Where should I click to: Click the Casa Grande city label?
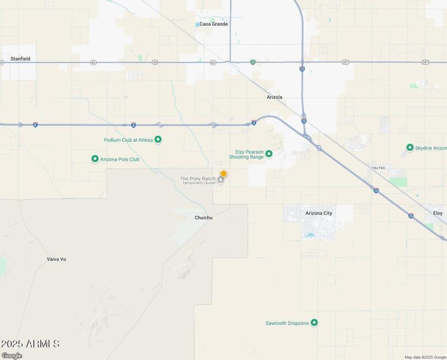tap(214, 24)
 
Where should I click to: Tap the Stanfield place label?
tap(20, 59)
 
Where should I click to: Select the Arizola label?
tap(274, 97)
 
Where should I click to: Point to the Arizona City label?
tap(319, 213)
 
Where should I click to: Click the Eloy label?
tap(438, 213)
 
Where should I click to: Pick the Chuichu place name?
tap(203, 218)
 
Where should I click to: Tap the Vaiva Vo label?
tap(56, 259)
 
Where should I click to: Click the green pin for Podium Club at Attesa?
tap(158, 140)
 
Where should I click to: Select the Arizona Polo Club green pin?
tap(95, 159)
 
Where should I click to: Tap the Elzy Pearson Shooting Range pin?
tap(269, 153)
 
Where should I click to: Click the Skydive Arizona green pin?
tap(410, 148)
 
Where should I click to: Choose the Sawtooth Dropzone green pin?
tap(314, 323)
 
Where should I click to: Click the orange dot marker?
tap(223, 174)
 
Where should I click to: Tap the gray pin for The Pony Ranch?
tap(221, 179)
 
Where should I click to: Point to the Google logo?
tap(12, 356)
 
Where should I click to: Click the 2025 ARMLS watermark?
tap(30, 344)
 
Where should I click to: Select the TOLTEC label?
tap(379, 167)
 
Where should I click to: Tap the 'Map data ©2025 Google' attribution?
tap(425, 357)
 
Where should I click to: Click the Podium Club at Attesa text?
tap(128, 140)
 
